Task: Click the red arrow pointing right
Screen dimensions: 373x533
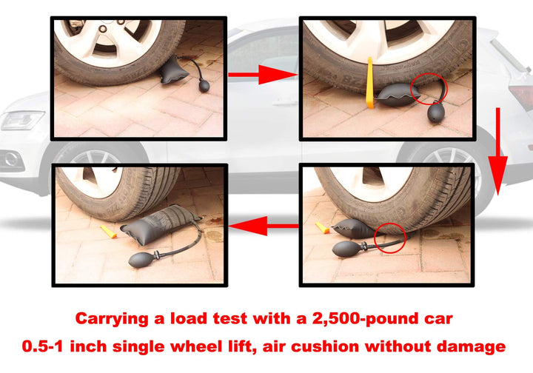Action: [x=261, y=74]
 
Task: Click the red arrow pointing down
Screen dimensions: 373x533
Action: [x=498, y=152]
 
